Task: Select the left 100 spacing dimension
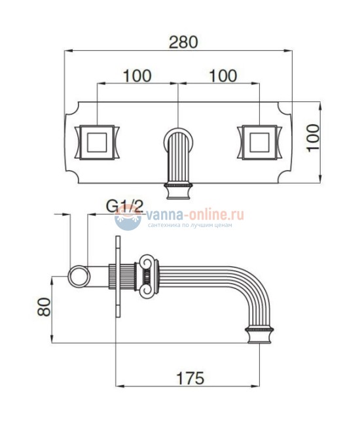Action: point(137,75)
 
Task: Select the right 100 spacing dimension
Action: point(223,75)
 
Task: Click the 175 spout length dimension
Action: point(190,377)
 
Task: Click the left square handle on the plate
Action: point(96,142)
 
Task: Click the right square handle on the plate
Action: point(260,142)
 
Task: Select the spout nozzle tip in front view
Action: point(178,192)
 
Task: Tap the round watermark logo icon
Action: point(128,219)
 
